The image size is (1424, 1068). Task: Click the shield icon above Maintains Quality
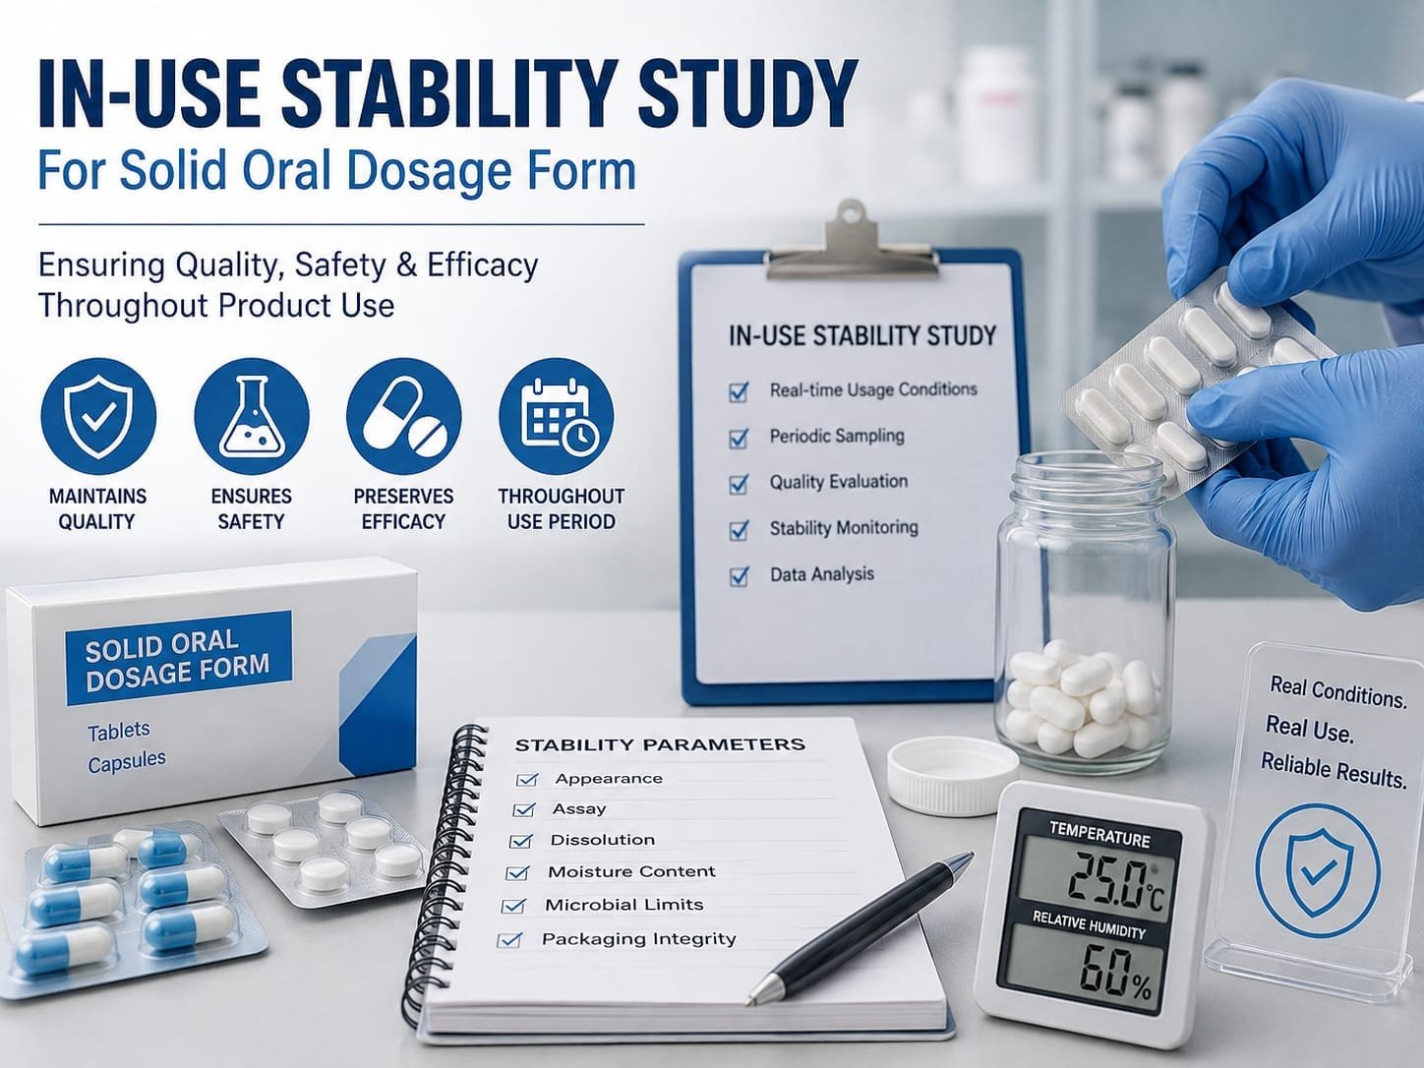point(98,416)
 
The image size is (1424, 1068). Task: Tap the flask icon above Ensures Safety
point(252,416)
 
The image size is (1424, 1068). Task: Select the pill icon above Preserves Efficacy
point(404,416)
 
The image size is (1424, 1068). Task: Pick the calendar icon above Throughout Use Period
point(557,416)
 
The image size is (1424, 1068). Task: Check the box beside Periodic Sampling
point(739,439)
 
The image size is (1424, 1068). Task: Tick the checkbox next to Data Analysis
point(739,576)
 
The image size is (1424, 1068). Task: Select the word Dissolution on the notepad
point(603,841)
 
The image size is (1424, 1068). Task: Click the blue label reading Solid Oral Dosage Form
point(178,658)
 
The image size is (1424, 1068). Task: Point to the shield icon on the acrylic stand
point(1318,870)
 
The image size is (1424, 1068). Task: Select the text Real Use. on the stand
point(1309,730)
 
